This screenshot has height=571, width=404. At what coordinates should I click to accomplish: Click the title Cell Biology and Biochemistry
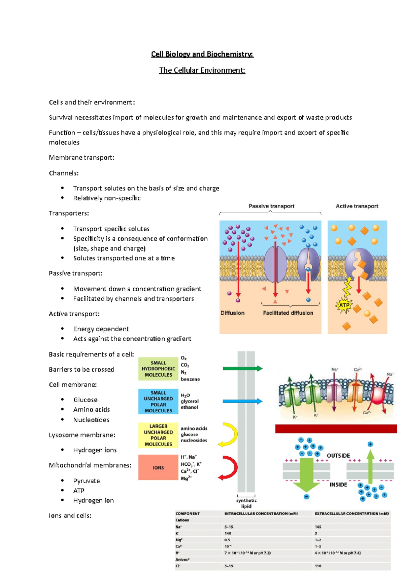[x=202, y=54]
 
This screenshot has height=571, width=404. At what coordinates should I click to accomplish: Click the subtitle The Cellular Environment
[x=202, y=70]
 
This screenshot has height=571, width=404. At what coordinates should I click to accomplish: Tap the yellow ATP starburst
[x=344, y=305]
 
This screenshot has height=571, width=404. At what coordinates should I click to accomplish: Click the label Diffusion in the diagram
[x=232, y=313]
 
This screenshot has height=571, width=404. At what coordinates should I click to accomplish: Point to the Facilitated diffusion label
[x=288, y=313]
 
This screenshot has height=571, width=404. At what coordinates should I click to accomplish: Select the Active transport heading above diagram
[x=357, y=206]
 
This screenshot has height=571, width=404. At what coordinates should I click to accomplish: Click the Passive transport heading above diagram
[x=271, y=206]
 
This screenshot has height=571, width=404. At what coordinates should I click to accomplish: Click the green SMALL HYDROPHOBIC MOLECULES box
[x=158, y=369]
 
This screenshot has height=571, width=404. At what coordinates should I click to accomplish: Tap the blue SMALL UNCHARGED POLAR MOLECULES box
[x=158, y=402]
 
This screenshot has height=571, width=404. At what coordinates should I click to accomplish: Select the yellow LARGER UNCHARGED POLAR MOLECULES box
[x=158, y=435]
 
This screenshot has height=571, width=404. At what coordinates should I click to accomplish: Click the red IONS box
[x=158, y=467]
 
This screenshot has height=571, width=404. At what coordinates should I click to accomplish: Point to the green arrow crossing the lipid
[x=242, y=369]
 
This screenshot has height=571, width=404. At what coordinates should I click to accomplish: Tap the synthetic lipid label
[x=246, y=503]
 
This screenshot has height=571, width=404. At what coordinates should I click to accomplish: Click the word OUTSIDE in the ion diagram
[x=338, y=456]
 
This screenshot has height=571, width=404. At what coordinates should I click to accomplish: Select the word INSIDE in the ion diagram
[x=338, y=485]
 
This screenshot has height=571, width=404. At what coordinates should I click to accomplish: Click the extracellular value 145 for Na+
[x=318, y=527]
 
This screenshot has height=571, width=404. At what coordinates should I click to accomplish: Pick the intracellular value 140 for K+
[x=228, y=533]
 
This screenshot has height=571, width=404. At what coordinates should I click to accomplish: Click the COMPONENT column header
[x=188, y=513]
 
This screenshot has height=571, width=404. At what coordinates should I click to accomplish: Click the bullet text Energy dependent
[x=101, y=329]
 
